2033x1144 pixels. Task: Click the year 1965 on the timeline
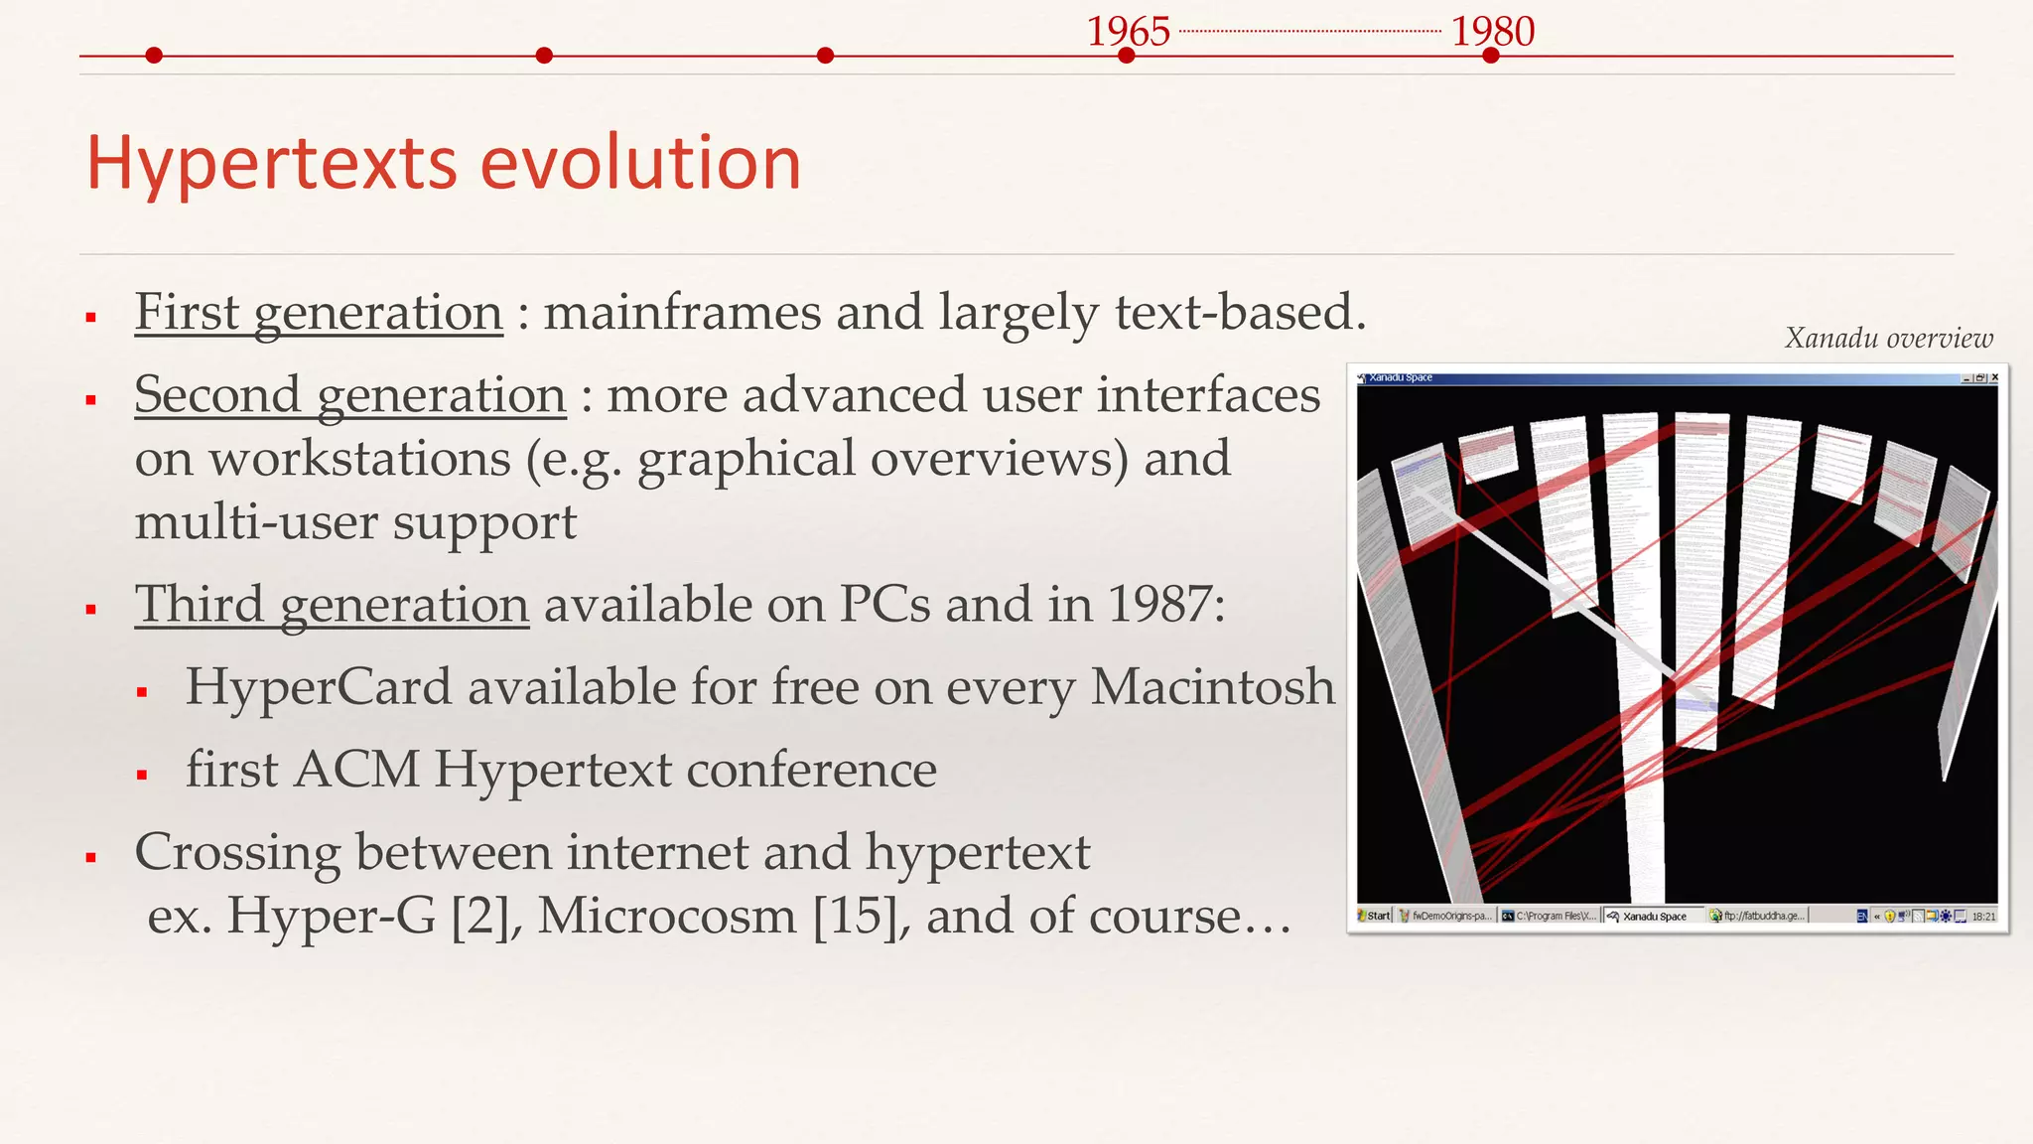click(x=1128, y=31)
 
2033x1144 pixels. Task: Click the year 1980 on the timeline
click(x=1492, y=31)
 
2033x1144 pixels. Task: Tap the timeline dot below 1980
click(x=1490, y=56)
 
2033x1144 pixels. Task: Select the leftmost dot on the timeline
click(x=153, y=56)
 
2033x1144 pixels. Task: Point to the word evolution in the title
click(x=640, y=163)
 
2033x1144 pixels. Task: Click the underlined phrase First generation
click(x=319, y=312)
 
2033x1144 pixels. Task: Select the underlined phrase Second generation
click(x=349, y=394)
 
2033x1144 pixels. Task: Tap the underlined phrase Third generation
click(x=332, y=604)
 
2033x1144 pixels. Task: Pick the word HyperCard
click(x=318, y=687)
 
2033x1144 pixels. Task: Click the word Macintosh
click(x=1212, y=687)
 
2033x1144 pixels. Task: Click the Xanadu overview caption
click(x=1888, y=339)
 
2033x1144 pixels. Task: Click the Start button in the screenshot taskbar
click(x=1375, y=916)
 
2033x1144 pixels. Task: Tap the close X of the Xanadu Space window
click(x=1994, y=377)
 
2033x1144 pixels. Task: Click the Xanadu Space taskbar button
click(x=1653, y=916)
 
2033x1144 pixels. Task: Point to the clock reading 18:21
click(x=1982, y=916)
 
